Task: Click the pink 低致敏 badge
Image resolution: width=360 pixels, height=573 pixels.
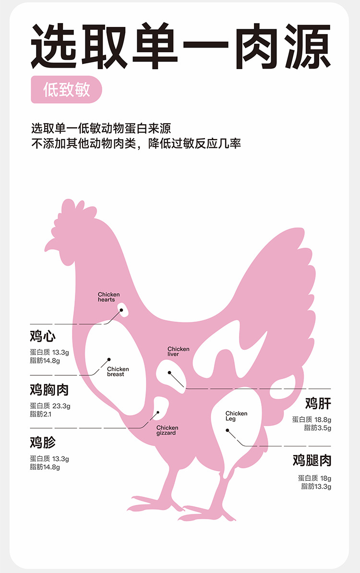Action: tap(67, 90)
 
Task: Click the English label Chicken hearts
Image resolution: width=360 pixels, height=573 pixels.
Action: tap(108, 297)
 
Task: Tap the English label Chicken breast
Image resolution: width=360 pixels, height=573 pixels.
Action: tap(118, 371)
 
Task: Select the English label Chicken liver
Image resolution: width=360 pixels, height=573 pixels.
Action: tap(178, 351)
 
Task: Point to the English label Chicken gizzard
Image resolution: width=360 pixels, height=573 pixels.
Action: tap(167, 430)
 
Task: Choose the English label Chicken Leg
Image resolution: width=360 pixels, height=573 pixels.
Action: tap(236, 416)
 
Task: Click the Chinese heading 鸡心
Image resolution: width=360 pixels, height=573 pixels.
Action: tap(43, 336)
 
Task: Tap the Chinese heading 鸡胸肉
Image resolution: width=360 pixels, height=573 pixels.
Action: tap(49, 389)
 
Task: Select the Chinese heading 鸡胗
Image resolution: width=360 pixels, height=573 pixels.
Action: tap(43, 442)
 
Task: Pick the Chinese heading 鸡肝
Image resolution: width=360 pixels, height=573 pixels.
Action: tap(318, 403)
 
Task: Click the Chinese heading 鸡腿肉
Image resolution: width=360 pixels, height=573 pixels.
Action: tap(312, 461)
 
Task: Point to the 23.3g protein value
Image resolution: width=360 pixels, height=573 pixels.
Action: tap(61, 406)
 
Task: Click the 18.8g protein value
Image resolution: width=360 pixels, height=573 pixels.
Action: tap(323, 419)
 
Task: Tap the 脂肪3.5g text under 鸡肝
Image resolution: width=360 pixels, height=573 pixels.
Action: tap(317, 428)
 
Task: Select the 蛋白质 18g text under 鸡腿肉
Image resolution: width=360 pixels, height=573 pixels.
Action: tap(314, 478)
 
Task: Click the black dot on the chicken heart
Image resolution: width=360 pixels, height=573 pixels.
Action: tap(121, 310)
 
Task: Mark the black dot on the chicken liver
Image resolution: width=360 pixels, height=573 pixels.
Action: tap(169, 372)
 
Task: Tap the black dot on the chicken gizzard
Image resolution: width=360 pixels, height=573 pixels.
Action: tap(158, 412)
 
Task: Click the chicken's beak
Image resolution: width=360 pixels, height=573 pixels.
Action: tap(49, 244)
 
